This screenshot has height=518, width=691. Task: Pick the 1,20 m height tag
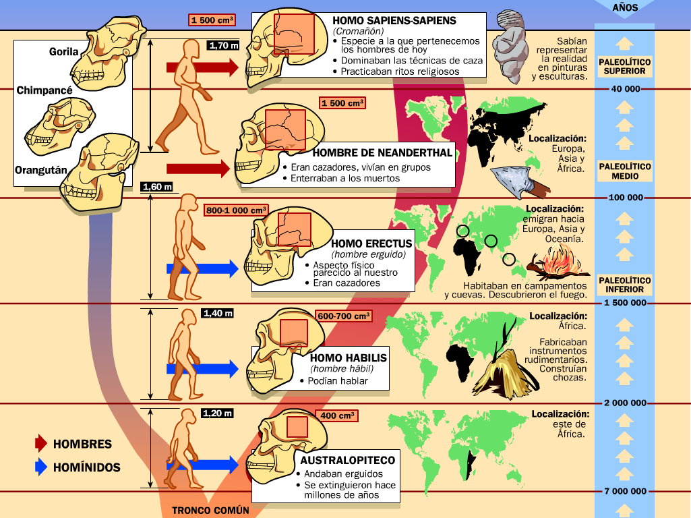click(x=217, y=413)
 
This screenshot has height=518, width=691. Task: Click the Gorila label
click(x=64, y=52)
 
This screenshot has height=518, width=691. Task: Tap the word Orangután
click(x=41, y=171)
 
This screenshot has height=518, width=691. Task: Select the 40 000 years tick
click(x=625, y=90)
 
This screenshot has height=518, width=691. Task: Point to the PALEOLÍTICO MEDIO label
click(x=625, y=171)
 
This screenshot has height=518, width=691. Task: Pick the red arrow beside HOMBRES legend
click(x=41, y=444)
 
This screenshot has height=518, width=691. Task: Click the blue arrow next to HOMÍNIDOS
click(x=41, y=467)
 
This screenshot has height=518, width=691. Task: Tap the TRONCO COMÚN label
click(x=210, y=511)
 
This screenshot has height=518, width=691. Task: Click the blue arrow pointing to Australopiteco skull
click(x=202, y=463)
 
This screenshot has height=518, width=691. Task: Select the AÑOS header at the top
click(x=625, y=8)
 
